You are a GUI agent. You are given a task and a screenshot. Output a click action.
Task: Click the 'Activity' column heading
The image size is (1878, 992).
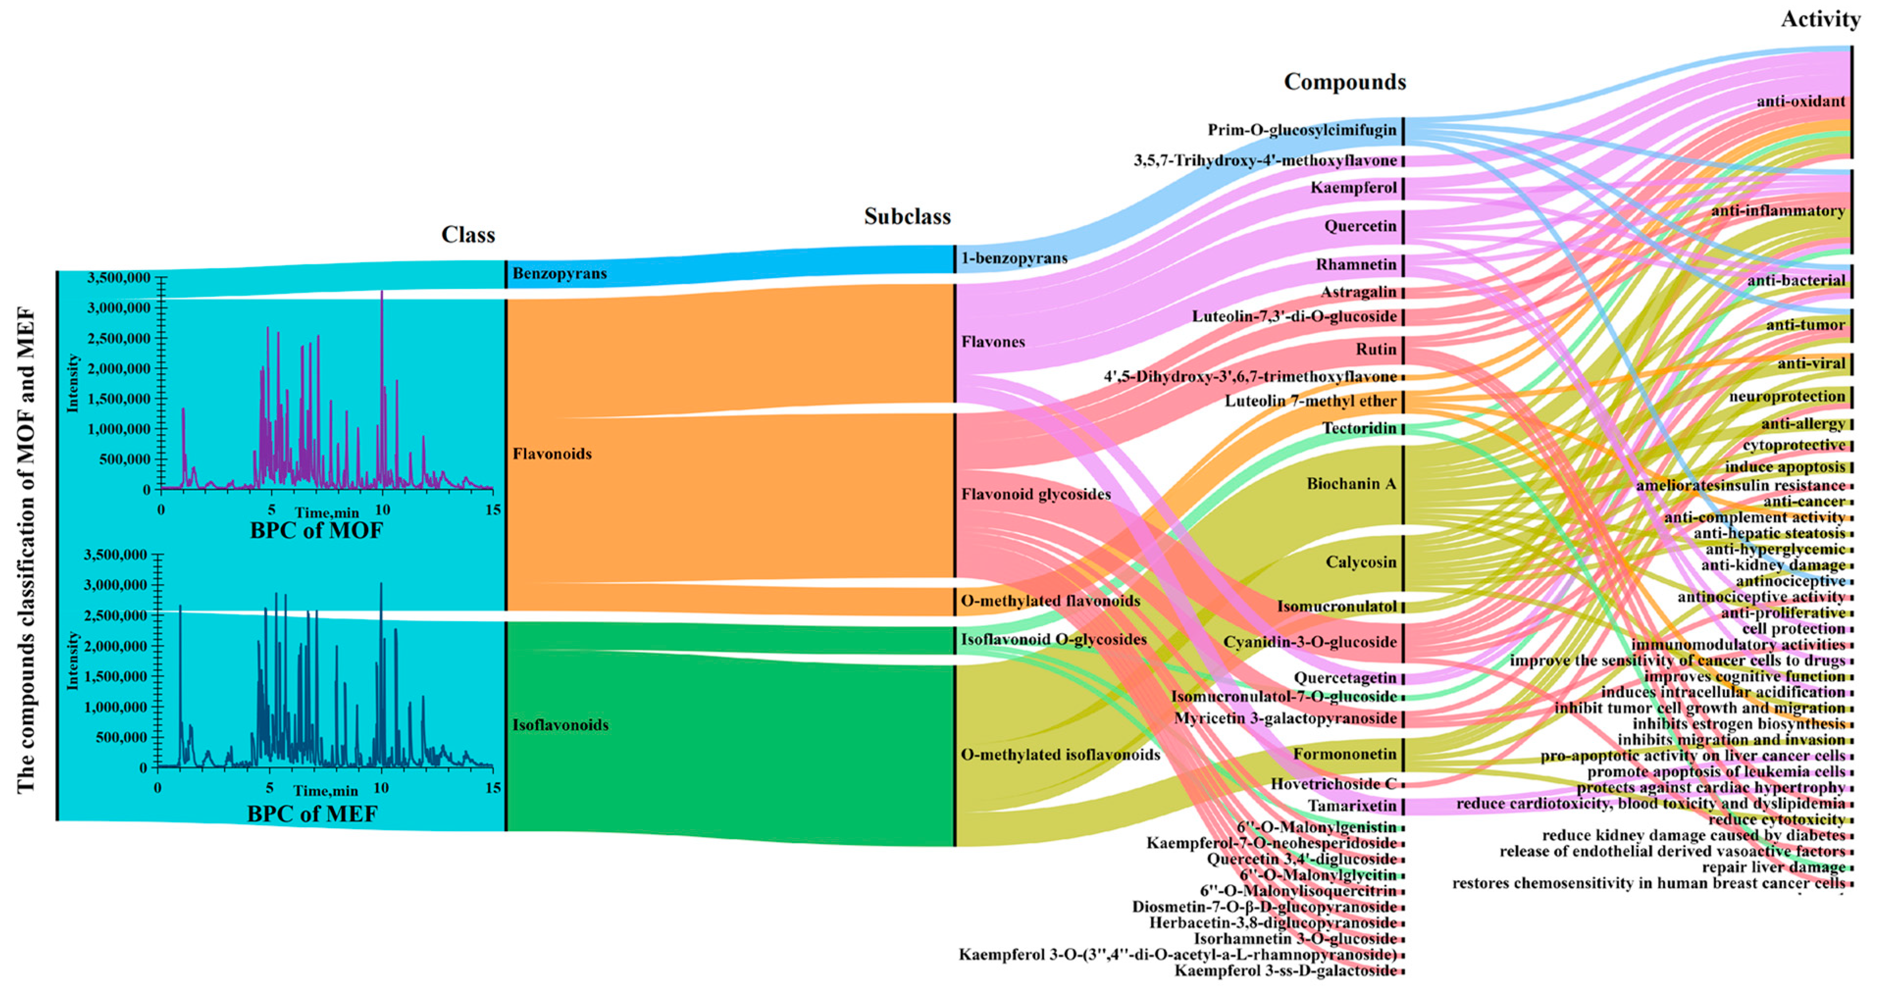(x=1821, y=20)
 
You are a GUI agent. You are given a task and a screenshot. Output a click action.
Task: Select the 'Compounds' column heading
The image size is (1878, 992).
(x=1345, y=81)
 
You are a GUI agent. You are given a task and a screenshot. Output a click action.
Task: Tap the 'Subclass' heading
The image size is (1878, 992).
(x=907, y=216)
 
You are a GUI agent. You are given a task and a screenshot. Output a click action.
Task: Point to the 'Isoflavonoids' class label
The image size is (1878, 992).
(x=560, y=724)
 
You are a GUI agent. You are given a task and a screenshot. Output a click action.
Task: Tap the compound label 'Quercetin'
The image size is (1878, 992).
(x=1360, y=226)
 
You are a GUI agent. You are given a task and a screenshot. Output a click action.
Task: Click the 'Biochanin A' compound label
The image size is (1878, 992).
(x=1351, y=483)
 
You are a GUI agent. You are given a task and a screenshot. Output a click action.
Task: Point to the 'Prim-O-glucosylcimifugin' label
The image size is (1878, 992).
(x=1302, y=130)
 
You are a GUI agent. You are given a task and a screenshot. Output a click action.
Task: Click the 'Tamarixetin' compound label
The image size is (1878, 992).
(x=1352, y=805)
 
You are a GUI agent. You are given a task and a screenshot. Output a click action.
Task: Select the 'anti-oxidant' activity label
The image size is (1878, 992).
(x=1801, y=102)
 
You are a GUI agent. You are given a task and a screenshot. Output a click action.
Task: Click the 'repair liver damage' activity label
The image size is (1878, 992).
(x=1774, y=867)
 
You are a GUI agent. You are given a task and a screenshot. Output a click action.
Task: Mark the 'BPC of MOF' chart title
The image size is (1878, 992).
(x=316, y=530)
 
